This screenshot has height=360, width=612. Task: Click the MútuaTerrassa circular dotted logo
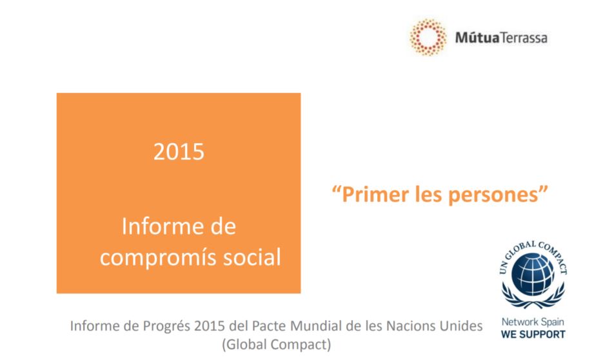point(428,37)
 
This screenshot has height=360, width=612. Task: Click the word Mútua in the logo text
point(477,37)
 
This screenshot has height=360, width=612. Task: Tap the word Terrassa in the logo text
point(524,38)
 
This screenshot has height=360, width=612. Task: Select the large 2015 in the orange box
point(179,152)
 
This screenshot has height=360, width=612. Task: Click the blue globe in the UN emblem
point(533,274)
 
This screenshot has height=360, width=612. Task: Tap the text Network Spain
point(533,322)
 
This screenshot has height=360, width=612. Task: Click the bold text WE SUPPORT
point(533,335)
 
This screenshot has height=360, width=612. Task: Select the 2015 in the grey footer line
point(210,326)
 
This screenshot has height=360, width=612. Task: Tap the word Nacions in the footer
point(411,326)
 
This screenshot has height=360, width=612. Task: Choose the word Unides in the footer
point(461,326)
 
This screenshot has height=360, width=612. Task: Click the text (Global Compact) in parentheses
point(277,345)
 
